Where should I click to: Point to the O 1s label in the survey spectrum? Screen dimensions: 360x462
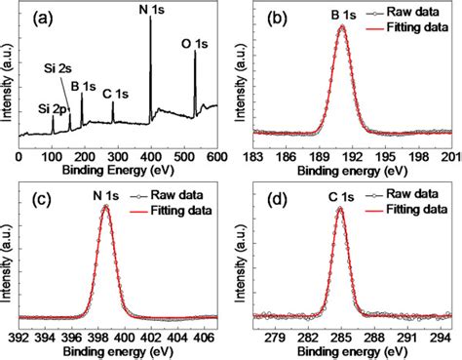(198, 43)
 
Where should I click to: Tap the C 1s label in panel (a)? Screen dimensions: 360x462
(114, 94)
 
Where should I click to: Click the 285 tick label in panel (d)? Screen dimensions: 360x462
(340, 338)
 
